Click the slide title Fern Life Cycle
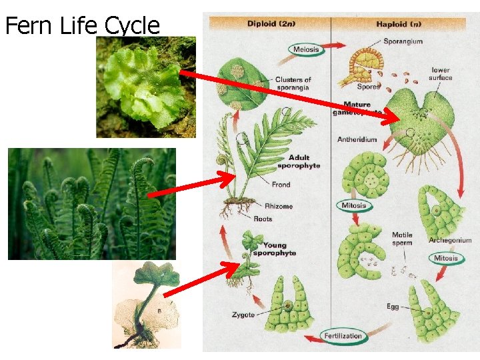tap(83, 25)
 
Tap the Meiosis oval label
tap(306, 49)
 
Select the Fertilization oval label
tap(343, 336)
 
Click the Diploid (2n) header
tap(273, 24)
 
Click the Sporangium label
tap(403, 42)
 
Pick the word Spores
tap(368, 87)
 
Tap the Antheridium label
tap(357, 140)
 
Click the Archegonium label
tap(450, 240)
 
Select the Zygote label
tap(243, 315)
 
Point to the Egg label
tap(393, 307)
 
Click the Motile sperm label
tap(402, 239)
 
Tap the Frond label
tap(281, 185)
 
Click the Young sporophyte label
tap(275, 249)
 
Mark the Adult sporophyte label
tap(299, 162)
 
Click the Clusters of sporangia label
tap(293, 83)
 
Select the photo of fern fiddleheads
tap(91, 203)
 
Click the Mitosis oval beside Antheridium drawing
tap(353, 205)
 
